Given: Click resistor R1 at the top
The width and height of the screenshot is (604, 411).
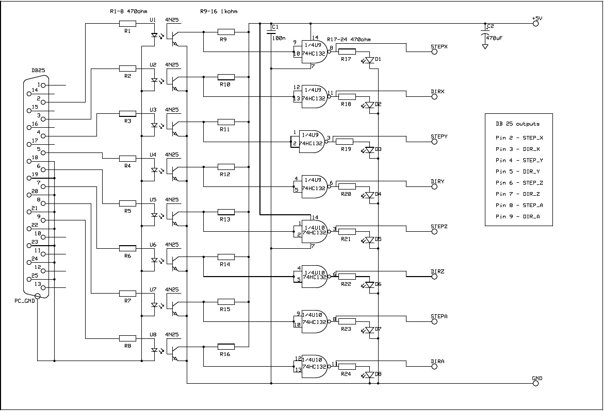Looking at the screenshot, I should pyautogui.click(x=127, y=23).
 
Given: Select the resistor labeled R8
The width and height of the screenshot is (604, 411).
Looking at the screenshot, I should pyautogui.click(x=127, y=338).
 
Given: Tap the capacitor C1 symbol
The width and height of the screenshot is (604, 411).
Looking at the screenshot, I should pyautogui.click(x=270, y=33).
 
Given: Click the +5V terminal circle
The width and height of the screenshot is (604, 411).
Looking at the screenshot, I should pyautogui.click(x=535, y=23).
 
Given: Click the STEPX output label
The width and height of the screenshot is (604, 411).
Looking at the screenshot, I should pyautogui.click(x=439, y=46).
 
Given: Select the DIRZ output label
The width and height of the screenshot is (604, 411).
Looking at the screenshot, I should pyautogui.click(x=438, y=271).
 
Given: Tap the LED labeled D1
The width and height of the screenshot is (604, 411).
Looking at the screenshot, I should pyautogui.click(x=369, y=60).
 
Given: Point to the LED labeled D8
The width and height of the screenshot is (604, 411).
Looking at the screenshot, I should pyautogui.click(x=369, y=375).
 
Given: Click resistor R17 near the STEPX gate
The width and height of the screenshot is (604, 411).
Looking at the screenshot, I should pyautogui.click(x=347, y=52).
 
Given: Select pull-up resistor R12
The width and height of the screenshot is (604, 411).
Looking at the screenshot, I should pyautogui.click(x=226, y=166).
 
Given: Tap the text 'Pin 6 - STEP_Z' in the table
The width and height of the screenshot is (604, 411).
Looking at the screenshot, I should pyautogui.click(x=519, y=183).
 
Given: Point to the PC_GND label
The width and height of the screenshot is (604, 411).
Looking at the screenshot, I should pyautogui.click(x=24, y=300).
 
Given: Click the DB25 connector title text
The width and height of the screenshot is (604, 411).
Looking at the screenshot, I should pyautogui.click(x=38, y=71).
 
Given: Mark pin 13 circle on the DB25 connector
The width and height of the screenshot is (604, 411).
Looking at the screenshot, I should pyautogui.click(x=43, y=287).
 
